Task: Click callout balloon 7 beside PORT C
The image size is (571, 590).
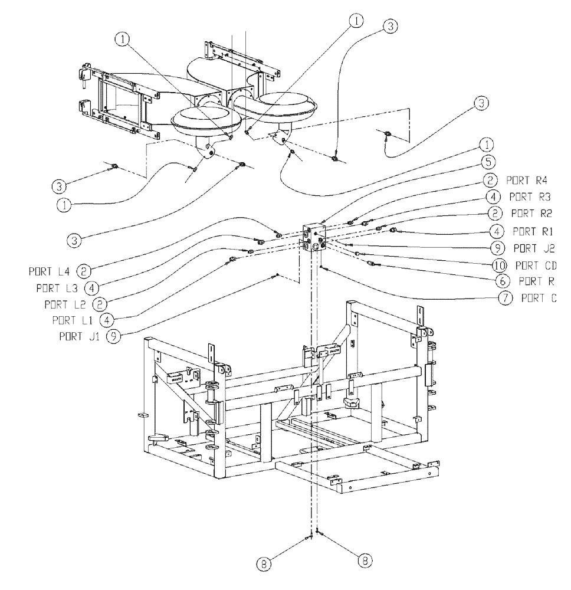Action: [x=506, y=299]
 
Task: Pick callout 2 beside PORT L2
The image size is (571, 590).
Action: [x=101, y=304]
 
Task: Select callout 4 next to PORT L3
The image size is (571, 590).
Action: [x=91, y=287]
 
